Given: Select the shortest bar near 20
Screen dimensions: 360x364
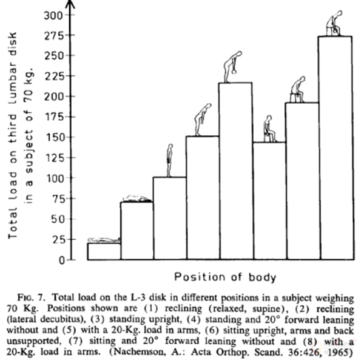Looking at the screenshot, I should pyautogui.click(x=104, y=251).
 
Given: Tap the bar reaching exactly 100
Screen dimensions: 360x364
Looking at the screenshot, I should pyautogui.click(x=169, y=219).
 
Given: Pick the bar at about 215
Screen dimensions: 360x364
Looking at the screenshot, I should pyautogui.click(x=235, y=171).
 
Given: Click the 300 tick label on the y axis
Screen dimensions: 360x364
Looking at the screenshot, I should pyautogui.click(x=55, y=15).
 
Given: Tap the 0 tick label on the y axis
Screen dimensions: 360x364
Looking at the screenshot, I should pyautogui.click(x=62, y=260).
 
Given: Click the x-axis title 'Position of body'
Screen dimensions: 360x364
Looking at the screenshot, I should pyautogui.click(x=225, y=277).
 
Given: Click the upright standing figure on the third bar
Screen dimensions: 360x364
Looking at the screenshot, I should pyautogui.click(x=170, y=160).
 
